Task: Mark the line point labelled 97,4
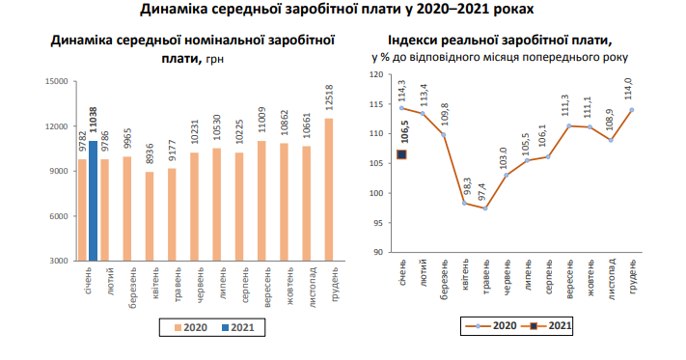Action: pyautogui.click(x=485, y=208)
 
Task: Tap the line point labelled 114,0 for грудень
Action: pyautogui.click(x=632, y=109)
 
